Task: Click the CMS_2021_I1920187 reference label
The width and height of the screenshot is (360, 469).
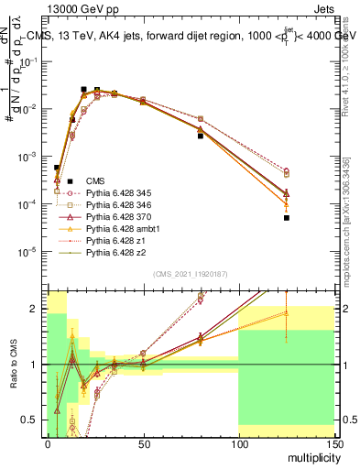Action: point(190,273)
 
